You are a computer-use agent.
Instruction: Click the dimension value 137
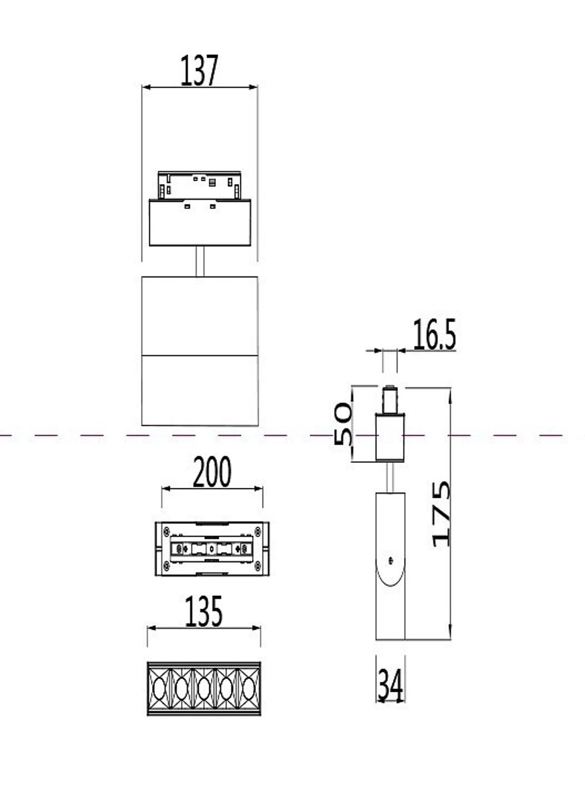(x=199, y=71)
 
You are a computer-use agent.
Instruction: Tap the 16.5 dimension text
(x=433, y=335)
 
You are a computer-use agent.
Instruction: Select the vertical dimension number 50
(x=343, y=424)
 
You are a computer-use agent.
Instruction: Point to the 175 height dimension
(x=441, y=514)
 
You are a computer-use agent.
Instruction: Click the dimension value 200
(x=212, y=473)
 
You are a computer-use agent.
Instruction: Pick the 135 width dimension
(x=204, y=611)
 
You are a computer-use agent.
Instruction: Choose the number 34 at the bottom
(x=390, y=685)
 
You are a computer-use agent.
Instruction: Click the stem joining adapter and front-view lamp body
(x=200, y=261)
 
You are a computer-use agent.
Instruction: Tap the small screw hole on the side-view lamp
(x=391, y=560)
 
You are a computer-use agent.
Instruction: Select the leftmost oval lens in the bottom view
(x=159, y=688)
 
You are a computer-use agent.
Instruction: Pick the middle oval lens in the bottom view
(x=204, y=688)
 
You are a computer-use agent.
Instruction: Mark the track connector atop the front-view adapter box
(x=199, y=185)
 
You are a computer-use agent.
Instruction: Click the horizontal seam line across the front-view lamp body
(x=199, y=355)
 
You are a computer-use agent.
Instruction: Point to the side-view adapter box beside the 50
(x=390, y=436)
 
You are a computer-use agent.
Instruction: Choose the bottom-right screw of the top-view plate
(x=257, y=564)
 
